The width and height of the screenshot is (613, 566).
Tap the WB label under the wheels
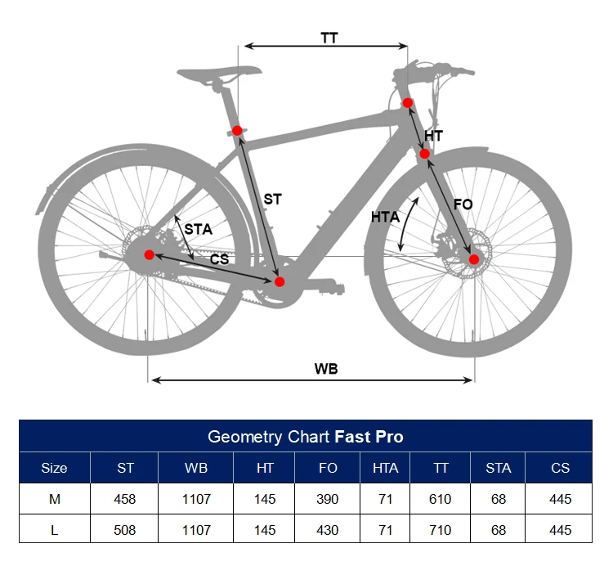click(x=326, y=368)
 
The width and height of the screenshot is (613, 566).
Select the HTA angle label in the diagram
click(x=385, y=217)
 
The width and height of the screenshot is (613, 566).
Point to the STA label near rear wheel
click(x=198, y=230)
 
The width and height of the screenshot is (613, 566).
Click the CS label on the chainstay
click(x=219, y=259)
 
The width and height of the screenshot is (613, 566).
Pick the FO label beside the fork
click(x=463, y=204)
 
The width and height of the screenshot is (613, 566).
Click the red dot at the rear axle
click(x=149, y=254)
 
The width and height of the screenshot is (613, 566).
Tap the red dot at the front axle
click(x=473, y=259)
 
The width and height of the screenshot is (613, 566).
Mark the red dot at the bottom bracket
click(x=280, y=281)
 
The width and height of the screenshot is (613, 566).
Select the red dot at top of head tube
click(x=407, y=102)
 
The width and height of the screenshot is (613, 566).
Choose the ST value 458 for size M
click(x=125, y=499)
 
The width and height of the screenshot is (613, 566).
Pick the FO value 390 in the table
click(x=328, y=499)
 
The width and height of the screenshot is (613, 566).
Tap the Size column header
click(x=54, y=468)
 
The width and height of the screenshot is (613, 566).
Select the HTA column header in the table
click(x=385, y=468)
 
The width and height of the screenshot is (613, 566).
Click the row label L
click(x=54, y=530)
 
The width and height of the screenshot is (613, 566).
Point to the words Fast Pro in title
click(x=369, y=436)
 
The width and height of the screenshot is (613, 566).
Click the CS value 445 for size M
click(x=560, y=499)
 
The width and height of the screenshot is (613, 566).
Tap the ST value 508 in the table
click(x=125, y=530)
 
